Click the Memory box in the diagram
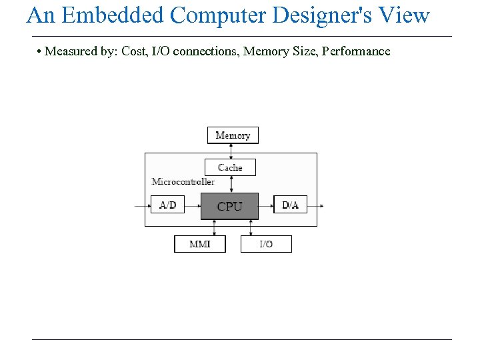(233, 135)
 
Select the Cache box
(230, 167)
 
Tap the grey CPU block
(229, 206)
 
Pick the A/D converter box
(168, 205)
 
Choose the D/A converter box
(290, 205)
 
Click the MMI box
(200, 244)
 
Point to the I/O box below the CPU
(266, 244)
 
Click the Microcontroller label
(183, 181)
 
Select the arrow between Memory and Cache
(230, 151)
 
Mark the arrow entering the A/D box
(143, 205)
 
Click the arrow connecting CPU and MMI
(214, 227)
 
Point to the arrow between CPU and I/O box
(250, 227)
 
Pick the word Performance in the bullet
(356, 51)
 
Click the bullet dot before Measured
(40, 52)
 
